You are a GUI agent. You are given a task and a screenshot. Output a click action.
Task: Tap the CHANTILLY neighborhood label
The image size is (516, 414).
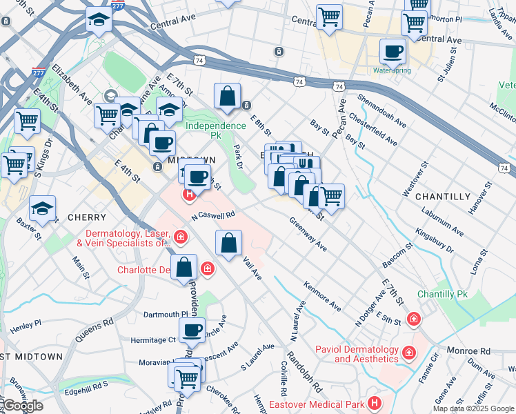click(x=443, y=197)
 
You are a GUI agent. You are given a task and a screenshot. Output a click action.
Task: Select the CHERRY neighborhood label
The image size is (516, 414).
click(x=86, y=217)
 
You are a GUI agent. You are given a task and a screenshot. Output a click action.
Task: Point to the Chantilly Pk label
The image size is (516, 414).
click(x=442, y=294)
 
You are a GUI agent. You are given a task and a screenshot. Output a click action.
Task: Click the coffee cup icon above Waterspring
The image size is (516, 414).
click(x=393, y=51)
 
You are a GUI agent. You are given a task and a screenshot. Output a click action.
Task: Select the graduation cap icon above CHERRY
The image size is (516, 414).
click(x=42, y=209)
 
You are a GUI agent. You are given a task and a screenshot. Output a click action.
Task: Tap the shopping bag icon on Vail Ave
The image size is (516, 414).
click(x=228, y=243)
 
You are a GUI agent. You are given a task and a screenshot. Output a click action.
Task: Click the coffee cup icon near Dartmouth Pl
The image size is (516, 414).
click(x=192, y=330)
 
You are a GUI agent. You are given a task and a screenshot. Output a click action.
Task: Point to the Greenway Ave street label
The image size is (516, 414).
click(x=308, y=233)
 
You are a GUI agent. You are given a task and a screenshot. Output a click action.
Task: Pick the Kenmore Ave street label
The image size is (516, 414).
click(x=322, y=295)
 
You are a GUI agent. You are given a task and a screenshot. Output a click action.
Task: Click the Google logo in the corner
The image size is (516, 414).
click(x=23, y=406)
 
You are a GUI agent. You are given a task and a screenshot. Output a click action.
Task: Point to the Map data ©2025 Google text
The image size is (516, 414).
click(x=474, y=408)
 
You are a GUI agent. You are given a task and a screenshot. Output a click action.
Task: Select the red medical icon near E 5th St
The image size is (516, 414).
click(x=413, y=319)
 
